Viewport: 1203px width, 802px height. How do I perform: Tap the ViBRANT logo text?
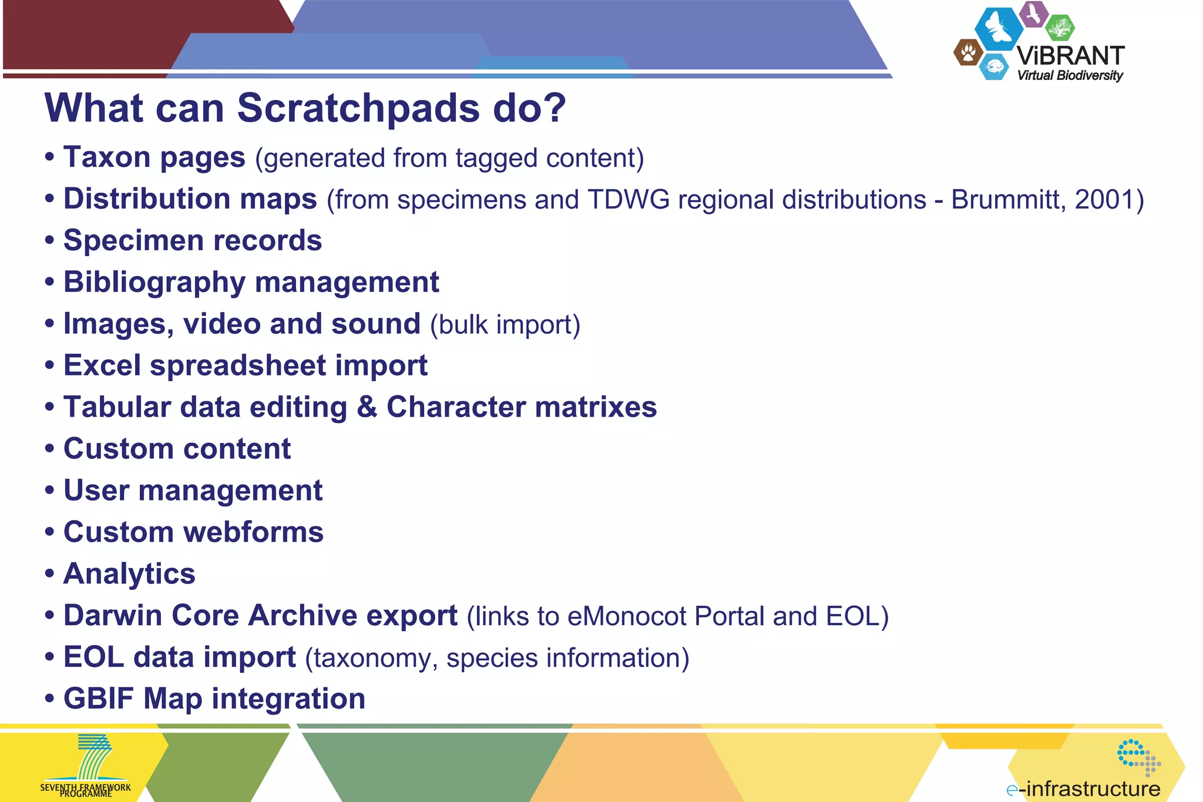point(1070,56)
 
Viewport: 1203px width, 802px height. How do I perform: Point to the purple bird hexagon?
point(1033,14)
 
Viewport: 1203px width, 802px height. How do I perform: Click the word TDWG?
point(629,200)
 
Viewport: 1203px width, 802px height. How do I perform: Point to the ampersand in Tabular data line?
point(367,407)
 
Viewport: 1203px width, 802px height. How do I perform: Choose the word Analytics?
point(129,574)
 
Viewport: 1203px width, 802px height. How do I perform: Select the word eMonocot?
point(627,616)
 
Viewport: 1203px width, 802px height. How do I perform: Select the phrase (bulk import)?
point(505,325)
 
